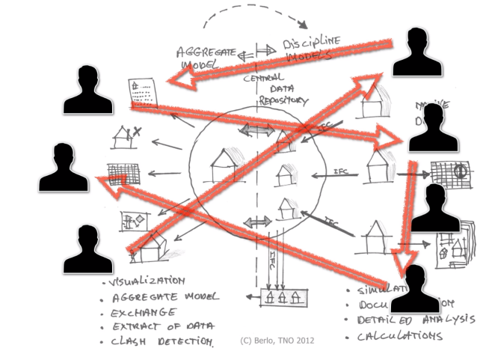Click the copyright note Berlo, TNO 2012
coord(277,341)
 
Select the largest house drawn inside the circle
coord(224,164)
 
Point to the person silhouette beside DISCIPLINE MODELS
coord(414,52)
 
